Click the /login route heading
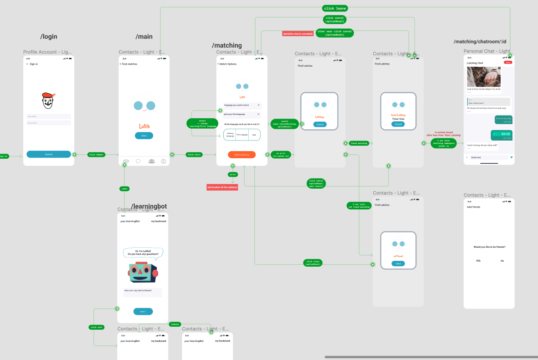pyautogui.click(x=49, y=37)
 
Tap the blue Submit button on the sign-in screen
pyautogui.click(x=49, y=154)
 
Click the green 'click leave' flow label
pyautogui.click(x=335, y=8)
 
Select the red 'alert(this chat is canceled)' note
pyautogui.click(x=298, y=33)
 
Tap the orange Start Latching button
pyautogui.click(x=242, y=155)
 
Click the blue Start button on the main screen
pyautogui.click(x=144, y=135)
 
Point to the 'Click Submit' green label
pyautogui.click(x=96, y=154)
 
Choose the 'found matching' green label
pyautogui.click(x=359, y=143)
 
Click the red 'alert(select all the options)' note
pyautogui.click(x=222, y=187)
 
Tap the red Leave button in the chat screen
pyautogui.click(x=508, y=62)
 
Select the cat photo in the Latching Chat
pyautogui.click(x=484, y=76)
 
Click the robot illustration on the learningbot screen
pyautogui.click(x=143, y=273)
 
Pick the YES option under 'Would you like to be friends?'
pyautogui.click(x=478, y=261)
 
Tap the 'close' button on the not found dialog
pyautogui.click(x=398, y=263)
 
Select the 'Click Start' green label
pyautogui.click(x=194, y=154)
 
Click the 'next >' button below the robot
pyautogui.click(x=143, y=311)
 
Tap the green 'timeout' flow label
pyautogui.click(x=175, y=324)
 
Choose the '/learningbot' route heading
pyautogui.click(x=149, y=206)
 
